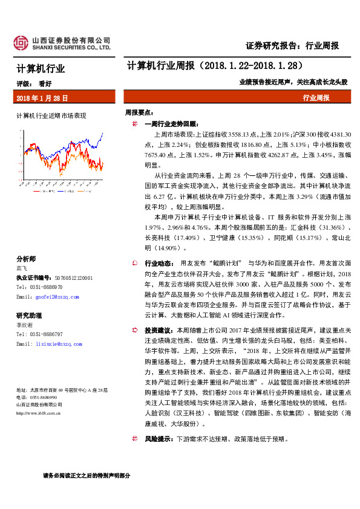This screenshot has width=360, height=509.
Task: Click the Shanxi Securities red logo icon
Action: tap(22, 43)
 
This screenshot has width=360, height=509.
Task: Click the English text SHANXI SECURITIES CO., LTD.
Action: tap(71, 47)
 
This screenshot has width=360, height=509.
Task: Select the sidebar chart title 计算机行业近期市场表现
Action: tap(51, 115)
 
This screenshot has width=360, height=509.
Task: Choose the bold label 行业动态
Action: tap(159, 264)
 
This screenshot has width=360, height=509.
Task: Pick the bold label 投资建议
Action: tap(159, 331)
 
